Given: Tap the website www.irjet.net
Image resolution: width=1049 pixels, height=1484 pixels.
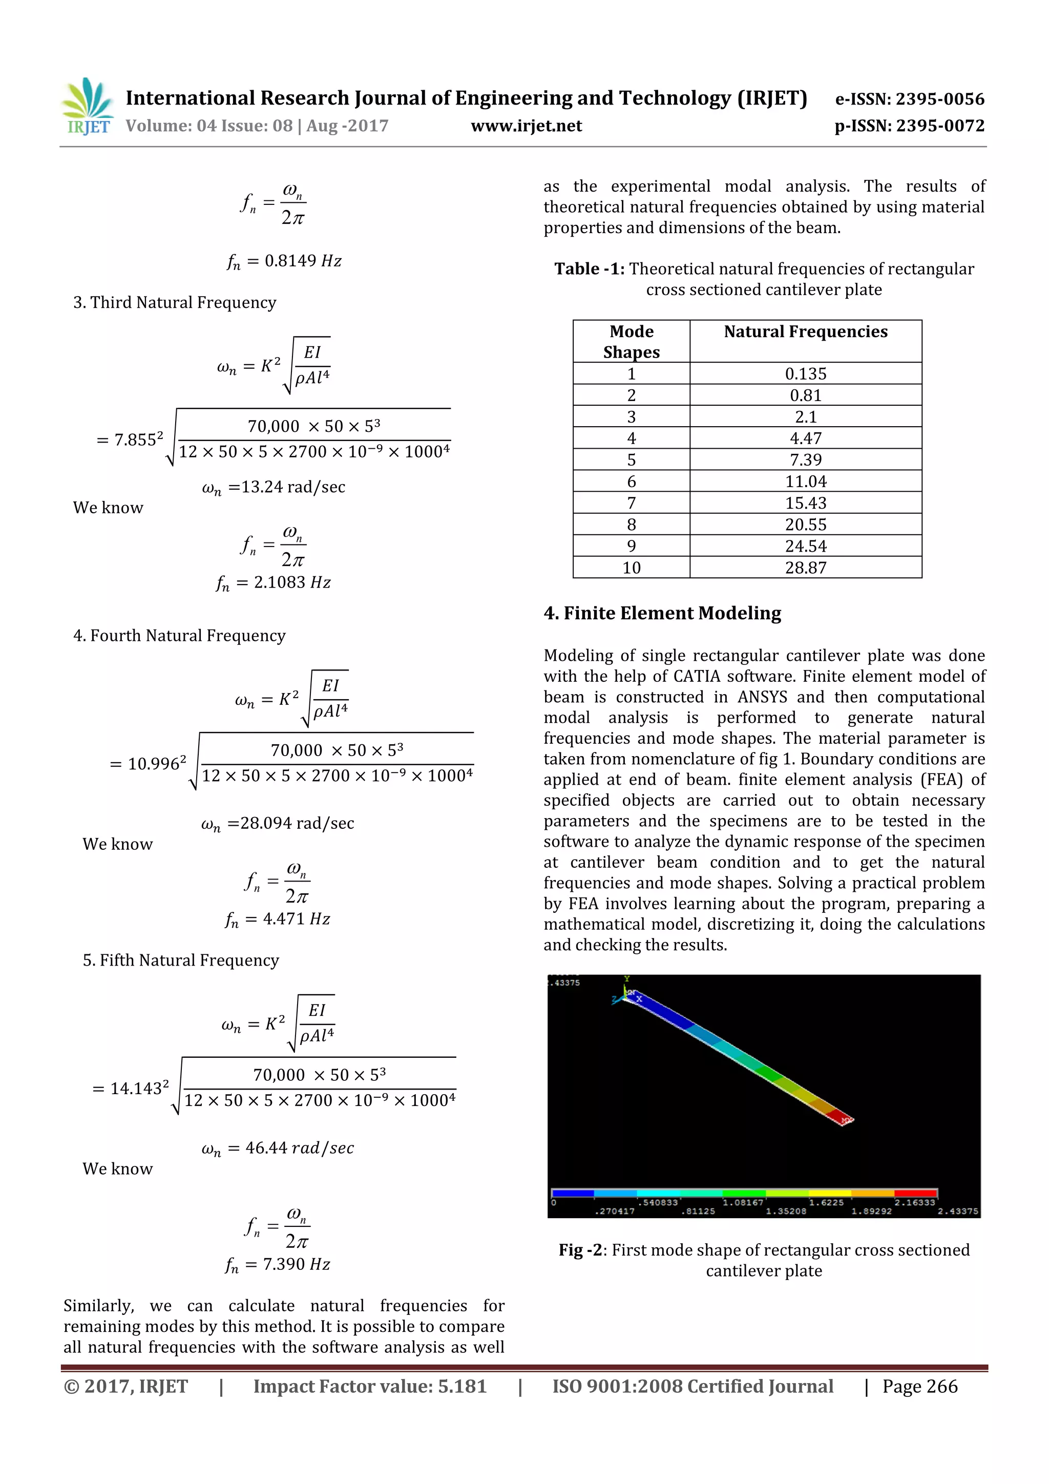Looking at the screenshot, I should coord(526,126).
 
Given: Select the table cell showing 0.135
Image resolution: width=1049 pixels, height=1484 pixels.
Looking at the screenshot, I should coord(805,373).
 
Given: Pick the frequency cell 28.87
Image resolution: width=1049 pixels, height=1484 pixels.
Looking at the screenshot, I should coord(805,568).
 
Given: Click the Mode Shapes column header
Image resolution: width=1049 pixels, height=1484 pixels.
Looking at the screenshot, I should coord(631,341).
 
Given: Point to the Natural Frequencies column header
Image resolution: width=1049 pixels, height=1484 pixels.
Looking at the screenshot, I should coord(805,331).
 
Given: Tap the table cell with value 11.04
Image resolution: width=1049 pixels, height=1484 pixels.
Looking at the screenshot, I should coord(805,482).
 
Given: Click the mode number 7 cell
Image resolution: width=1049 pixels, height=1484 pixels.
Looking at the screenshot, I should coord(631,503).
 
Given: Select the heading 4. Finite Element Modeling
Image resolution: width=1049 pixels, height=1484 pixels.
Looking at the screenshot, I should coord(662,613).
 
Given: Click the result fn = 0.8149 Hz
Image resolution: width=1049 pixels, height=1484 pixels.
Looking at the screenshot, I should coord(284,261).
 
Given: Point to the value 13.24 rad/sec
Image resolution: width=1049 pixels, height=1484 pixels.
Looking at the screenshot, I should coord(274,487).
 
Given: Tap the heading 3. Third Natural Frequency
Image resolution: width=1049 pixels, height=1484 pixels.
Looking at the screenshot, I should coord(175,303).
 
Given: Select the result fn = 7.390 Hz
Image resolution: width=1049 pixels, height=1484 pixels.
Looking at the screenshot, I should coord(278,1264).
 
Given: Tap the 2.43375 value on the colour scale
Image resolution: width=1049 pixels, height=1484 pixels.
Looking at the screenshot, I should coord(958,1211).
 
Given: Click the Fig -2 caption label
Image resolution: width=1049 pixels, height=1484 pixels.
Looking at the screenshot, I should coord(582,1250).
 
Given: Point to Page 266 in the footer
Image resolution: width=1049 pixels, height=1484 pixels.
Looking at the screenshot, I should coord(920,1386).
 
